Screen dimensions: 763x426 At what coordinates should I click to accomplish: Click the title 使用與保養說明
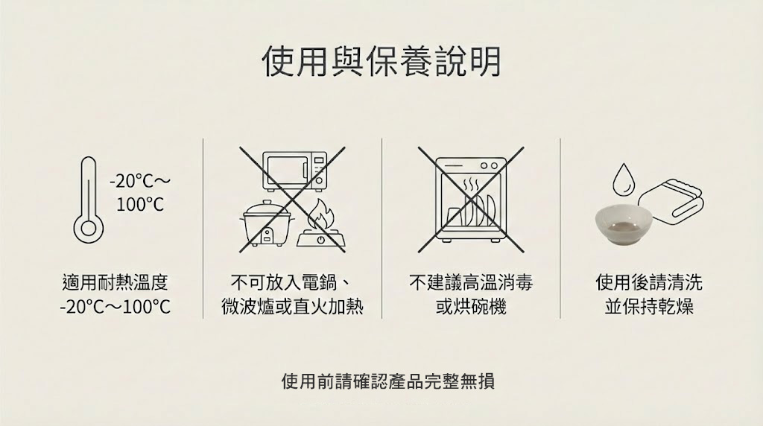pyautogui.click(x=381, y=62)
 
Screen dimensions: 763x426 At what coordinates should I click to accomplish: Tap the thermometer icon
pyautogui.click(x=89, y=200)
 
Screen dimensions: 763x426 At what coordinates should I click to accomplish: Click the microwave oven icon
pyautogui.click(x=296, y=171)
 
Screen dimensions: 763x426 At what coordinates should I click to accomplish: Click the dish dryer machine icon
pyautogui.click(x=471, y=200)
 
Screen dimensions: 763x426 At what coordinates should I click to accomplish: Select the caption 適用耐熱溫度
pyautogui.click(x=115, y=282)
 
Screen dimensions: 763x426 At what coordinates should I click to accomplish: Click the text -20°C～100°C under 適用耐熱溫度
pyautogui.click(x=115, y=308)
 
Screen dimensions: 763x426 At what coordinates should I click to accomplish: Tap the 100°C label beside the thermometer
pyautogui.click(x=140, y=205)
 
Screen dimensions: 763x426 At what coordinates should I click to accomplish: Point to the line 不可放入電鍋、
pyautogui.click(x=292, y=282)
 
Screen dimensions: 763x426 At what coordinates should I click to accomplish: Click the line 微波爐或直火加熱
pyautogui.click(x=292, y=308)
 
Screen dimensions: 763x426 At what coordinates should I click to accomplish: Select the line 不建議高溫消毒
pyautogui.click(x=471, y=282)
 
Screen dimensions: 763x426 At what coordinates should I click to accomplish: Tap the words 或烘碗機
pyautogui.click(x=471, y=308)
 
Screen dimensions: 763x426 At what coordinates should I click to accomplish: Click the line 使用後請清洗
pyautogui.click(x=649, y=282)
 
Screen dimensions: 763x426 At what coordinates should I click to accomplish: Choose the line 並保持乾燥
pyautogui.click(x=649, y=308)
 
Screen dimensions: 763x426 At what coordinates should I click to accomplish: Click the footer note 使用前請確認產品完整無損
pyautogui.click(x=387, y=381)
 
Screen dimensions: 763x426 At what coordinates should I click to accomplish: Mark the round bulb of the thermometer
pyautogui.click(x=89, y=229)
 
